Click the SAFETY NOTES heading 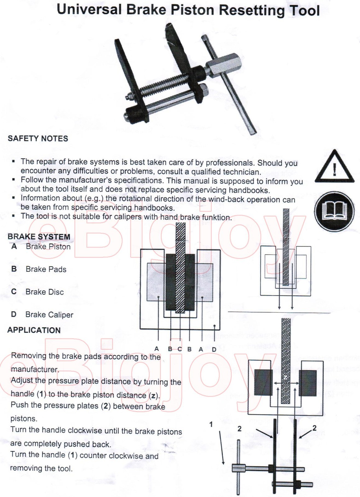(38, 139)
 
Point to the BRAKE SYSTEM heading (39, 237)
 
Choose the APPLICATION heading (34, 330)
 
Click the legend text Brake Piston (48, 247)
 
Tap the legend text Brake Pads (46, 269)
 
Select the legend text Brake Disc (45, 292)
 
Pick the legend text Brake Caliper (49, 315)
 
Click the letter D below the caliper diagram (214, 350)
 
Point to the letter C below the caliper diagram (180, 349)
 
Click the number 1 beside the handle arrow (211, 424)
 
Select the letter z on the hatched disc (285, 377)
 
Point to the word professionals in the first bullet (230, 163)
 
